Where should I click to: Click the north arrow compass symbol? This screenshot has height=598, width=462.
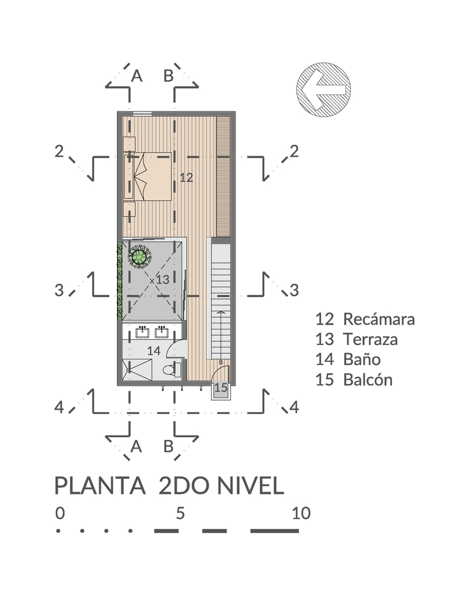pyautogui.click(x=324, y=90)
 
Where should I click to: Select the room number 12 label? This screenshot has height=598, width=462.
pyautogui.click(x=186, y=177)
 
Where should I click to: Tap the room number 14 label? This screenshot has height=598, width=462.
pyautogui.click(x=154, y=351)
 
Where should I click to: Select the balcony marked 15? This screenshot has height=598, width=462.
pyautogui.click(x=221, y=388)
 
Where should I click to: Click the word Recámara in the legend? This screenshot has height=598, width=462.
pyautogui.click(x=378, y=319)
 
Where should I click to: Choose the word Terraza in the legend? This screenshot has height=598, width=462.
pyautogui.click(x=370, y=340)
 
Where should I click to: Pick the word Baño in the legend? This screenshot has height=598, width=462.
pyautogui.click(x=362, y=359)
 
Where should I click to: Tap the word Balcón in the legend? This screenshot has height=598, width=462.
pyautogui.click(x=368, y=380)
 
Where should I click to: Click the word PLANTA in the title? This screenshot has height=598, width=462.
pyautogui.click(x=100, y=486)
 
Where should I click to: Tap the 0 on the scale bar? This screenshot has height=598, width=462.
pyautogui.click(x=59, y=513)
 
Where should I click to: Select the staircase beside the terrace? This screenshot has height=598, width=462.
pyautogui.click(x=219, y=299)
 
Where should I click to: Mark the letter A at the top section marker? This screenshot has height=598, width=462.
pyautogui.click(x=137, y=76)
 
